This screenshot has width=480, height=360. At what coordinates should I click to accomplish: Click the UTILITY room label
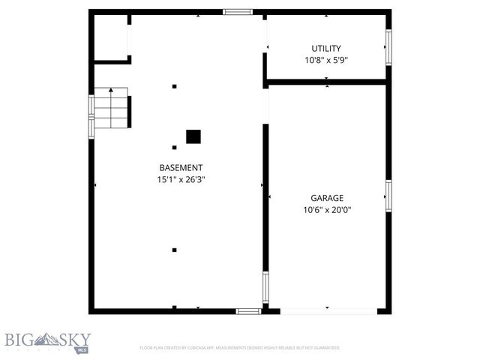pyautogui.click(x=326, y=48)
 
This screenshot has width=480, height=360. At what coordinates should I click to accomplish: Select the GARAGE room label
pyautogui.click(x=327, y=198)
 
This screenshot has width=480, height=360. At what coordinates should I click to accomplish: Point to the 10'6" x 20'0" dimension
pyautogui.click(x=327, y=210)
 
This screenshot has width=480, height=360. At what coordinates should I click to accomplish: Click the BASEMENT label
pyautogui.click(x=180, y=168)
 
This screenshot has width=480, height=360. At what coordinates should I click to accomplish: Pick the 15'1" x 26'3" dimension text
pyautogui.click(x=180, y=180)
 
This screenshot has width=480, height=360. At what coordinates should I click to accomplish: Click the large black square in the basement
pyautogui.click(x=193, y=136)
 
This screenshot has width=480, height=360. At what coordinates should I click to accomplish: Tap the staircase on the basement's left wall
pyautogui.click(x=111, y=108)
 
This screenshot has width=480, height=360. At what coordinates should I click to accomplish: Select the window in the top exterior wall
pyautogui.click(x=238, y=12)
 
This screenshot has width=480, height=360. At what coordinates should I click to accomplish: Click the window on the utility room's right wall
pyautogui.click(x=388, y=46)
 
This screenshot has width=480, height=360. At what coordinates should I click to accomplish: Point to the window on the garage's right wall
pyautogui.click(x=388, y=195)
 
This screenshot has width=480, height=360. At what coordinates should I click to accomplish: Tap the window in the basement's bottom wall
pyautogui.click(x=247, y=310)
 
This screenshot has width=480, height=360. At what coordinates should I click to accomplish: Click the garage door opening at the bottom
pyautogui.click(x=328, y=310)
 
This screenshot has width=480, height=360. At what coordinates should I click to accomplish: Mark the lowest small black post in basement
pyautogui.click(x=174, y=250)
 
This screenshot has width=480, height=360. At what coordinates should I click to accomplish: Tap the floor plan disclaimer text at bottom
pyautogui.click(x=240, y=348)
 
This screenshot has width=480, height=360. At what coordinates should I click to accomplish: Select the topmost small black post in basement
pyautogui.click(x=174, y=86)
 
